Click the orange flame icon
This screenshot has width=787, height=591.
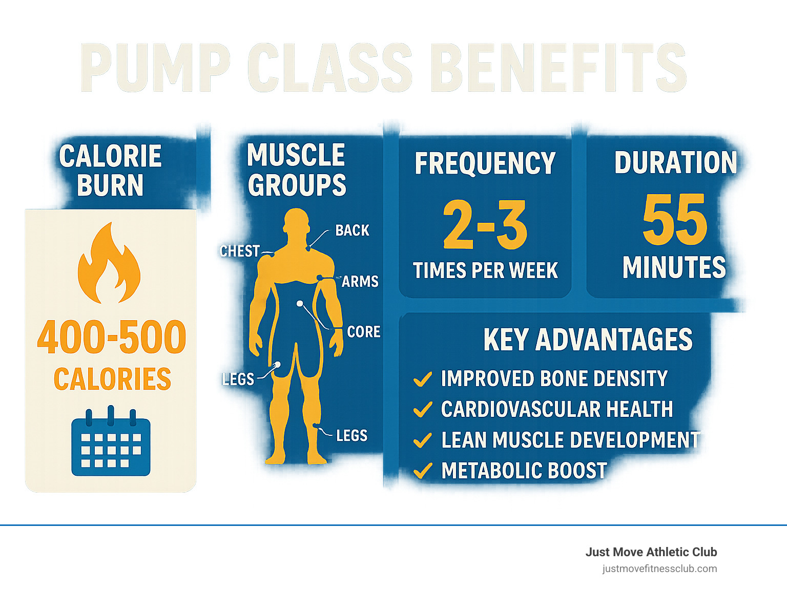(x=109, y=264)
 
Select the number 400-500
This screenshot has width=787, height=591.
(x=112, y=337)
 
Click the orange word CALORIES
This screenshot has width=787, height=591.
(x=112, y=379)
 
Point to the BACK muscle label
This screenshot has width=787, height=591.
(x=352, y=230)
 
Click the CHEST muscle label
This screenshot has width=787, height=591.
(x=239, y=251)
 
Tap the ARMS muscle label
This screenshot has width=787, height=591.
(x=360, y=281)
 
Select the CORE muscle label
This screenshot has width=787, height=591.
(x=364, y=332)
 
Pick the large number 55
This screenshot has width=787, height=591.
(x=675, y=220)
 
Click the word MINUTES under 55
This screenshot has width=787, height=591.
(x=674, y=267)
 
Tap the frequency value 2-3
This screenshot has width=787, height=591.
(x=485, y=225)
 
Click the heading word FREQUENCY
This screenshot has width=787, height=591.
(x=485, y=163)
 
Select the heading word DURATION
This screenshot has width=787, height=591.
(x=675, y=162)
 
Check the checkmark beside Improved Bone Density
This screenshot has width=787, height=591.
(x=422, y=379)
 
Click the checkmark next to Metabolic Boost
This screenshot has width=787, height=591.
(x=422, y=471)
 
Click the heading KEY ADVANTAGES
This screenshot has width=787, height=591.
(x=588, y=340)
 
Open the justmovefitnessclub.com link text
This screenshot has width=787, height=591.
(x=659, y=568)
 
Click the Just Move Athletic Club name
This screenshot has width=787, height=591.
(x=651, y=552)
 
